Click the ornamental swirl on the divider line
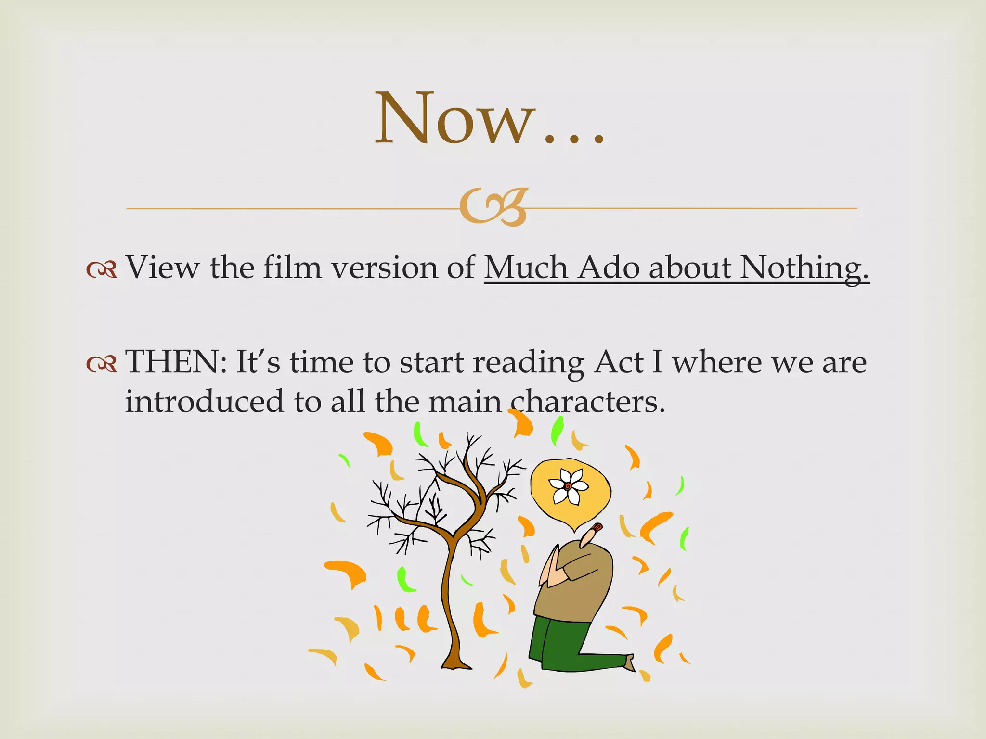tap(493, 207)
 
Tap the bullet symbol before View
tap(102, 269)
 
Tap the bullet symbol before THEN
tap(102, 364)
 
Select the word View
tap(162, 267)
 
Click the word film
tap(292, 267)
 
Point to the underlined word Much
tap(526, 267)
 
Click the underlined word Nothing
tap(804, 267)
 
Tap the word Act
tap(618, 362)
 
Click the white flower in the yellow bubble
tap(569, 486)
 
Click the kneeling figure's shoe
tap(630, 663)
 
